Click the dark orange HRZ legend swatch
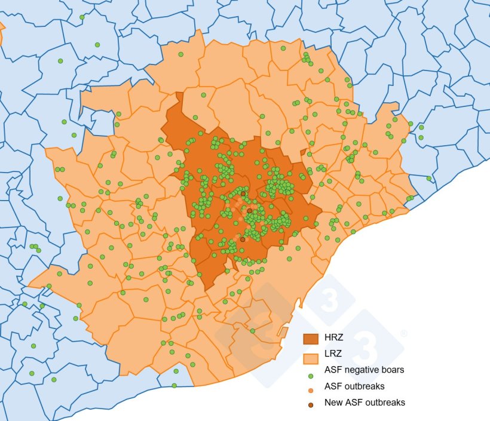311,339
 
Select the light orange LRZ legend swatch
311,358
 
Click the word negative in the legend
361,370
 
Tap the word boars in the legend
393,370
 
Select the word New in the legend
334,402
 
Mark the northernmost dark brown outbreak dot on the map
243,193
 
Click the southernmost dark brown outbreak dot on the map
242,239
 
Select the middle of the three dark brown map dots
249,211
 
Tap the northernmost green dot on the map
82,17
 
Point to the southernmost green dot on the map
174,386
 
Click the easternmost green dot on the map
428,178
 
